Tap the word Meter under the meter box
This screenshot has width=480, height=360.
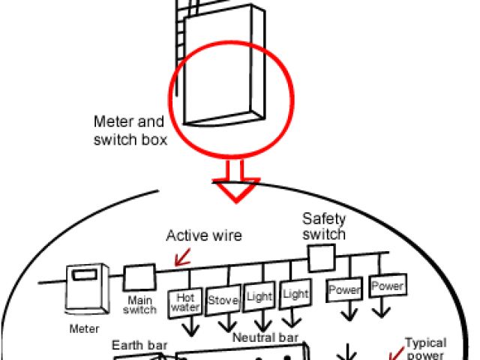84,328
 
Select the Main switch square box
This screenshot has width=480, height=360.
139,277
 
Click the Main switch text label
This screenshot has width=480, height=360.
138,304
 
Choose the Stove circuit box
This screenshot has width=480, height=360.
223,301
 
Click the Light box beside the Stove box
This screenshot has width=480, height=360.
259,298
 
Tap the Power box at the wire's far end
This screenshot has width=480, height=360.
388,286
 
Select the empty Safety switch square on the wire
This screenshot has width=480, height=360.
320,257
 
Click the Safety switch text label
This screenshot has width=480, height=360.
324,226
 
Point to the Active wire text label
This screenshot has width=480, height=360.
204,236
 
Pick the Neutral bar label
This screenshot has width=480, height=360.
265,338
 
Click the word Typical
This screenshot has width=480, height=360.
425,343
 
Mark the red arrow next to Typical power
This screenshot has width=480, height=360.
393,349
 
